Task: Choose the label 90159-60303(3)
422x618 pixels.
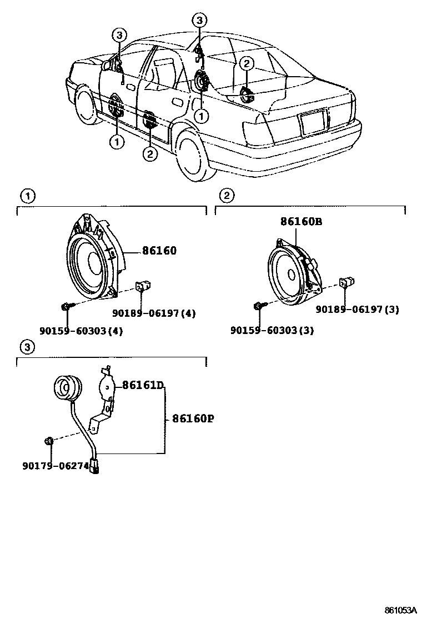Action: point(272,331)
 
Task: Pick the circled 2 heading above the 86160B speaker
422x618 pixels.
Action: point(225,195)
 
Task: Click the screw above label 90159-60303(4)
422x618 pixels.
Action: point(66,305)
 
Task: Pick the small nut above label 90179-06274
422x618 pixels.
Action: point(48,441)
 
